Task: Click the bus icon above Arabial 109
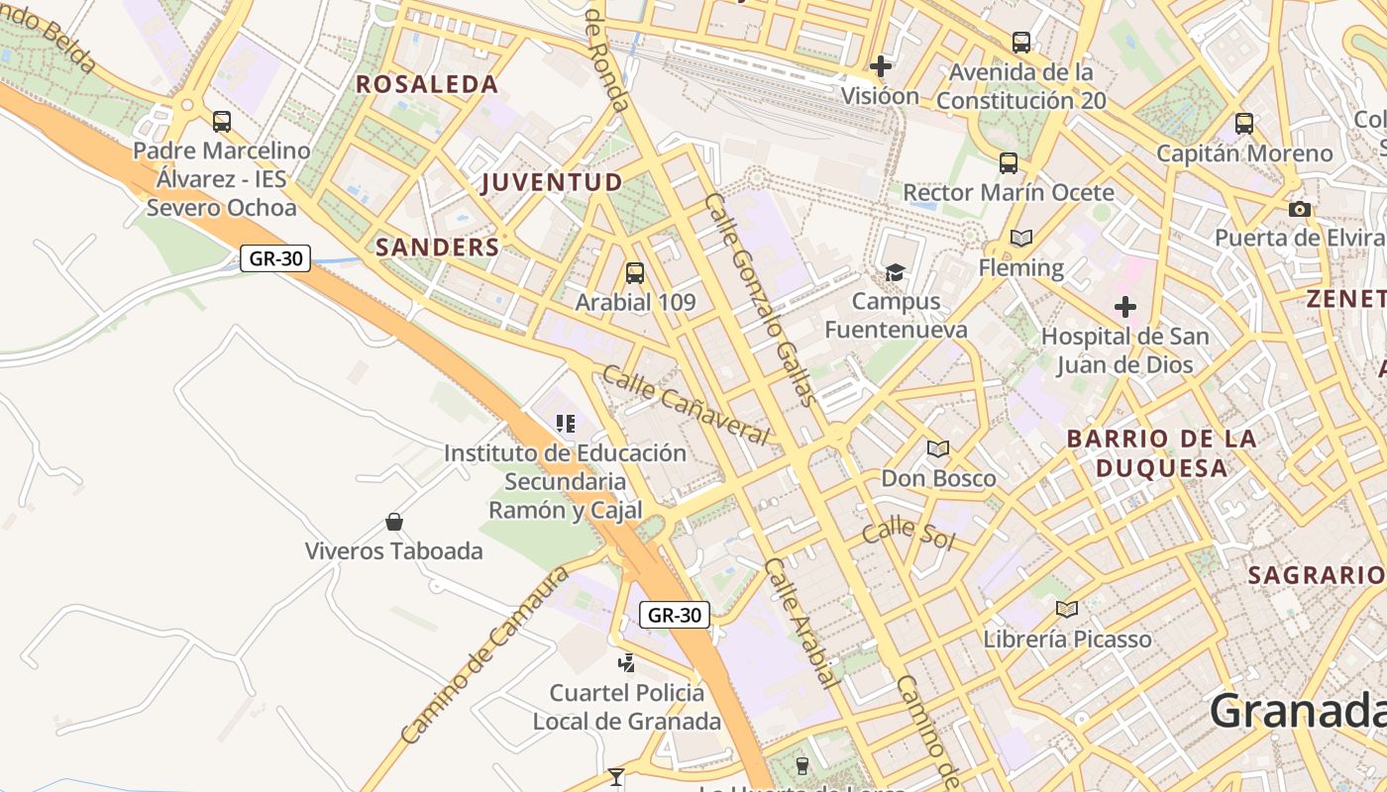pos(634,272)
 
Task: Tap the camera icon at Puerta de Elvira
pos(1299,209)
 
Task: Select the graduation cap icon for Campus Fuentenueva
pos(895,272)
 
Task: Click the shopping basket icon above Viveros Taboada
pos(394,522)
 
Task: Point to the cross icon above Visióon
pos(880,66)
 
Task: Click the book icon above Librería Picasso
pos(1066,609)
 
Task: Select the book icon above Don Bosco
pos(937,448)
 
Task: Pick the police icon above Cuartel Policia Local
pos(626,662)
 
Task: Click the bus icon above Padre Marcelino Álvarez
pos(222,122)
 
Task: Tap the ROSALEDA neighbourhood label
pos(427,84)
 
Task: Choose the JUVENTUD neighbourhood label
pos(552,182)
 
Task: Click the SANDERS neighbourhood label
pos(437,247)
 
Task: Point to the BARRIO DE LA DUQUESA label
pos(1161,452)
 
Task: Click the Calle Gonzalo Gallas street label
pos(761,299)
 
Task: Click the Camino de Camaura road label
pos(485,655)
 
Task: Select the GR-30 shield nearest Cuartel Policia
pos(674,615)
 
